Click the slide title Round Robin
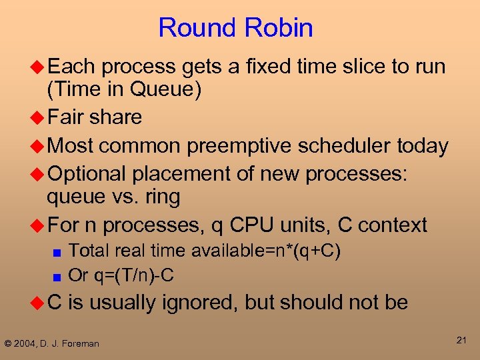(x=235, y=28)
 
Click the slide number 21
(x=461, y=341)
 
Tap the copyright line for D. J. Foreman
(x=52, y=343)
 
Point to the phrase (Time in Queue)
(x=124, y=89)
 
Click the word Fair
(x=66, y=117)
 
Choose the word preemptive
(x=227, y=146)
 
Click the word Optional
(x=87, y=174)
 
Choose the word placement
(x=175, y=174)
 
